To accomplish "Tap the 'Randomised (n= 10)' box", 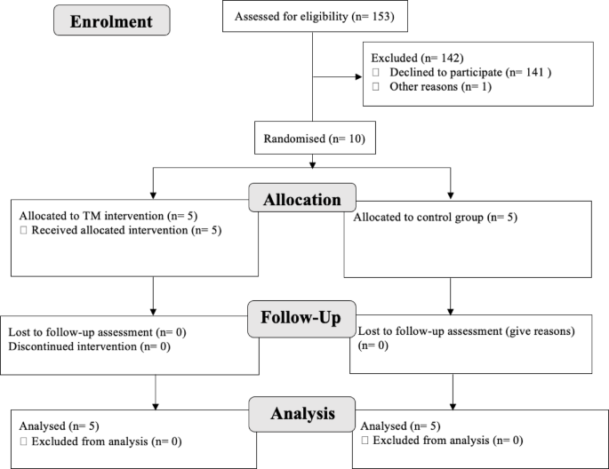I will [311, 139].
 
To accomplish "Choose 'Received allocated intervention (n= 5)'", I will [122, 231].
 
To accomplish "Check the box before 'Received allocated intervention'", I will [24, 231].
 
